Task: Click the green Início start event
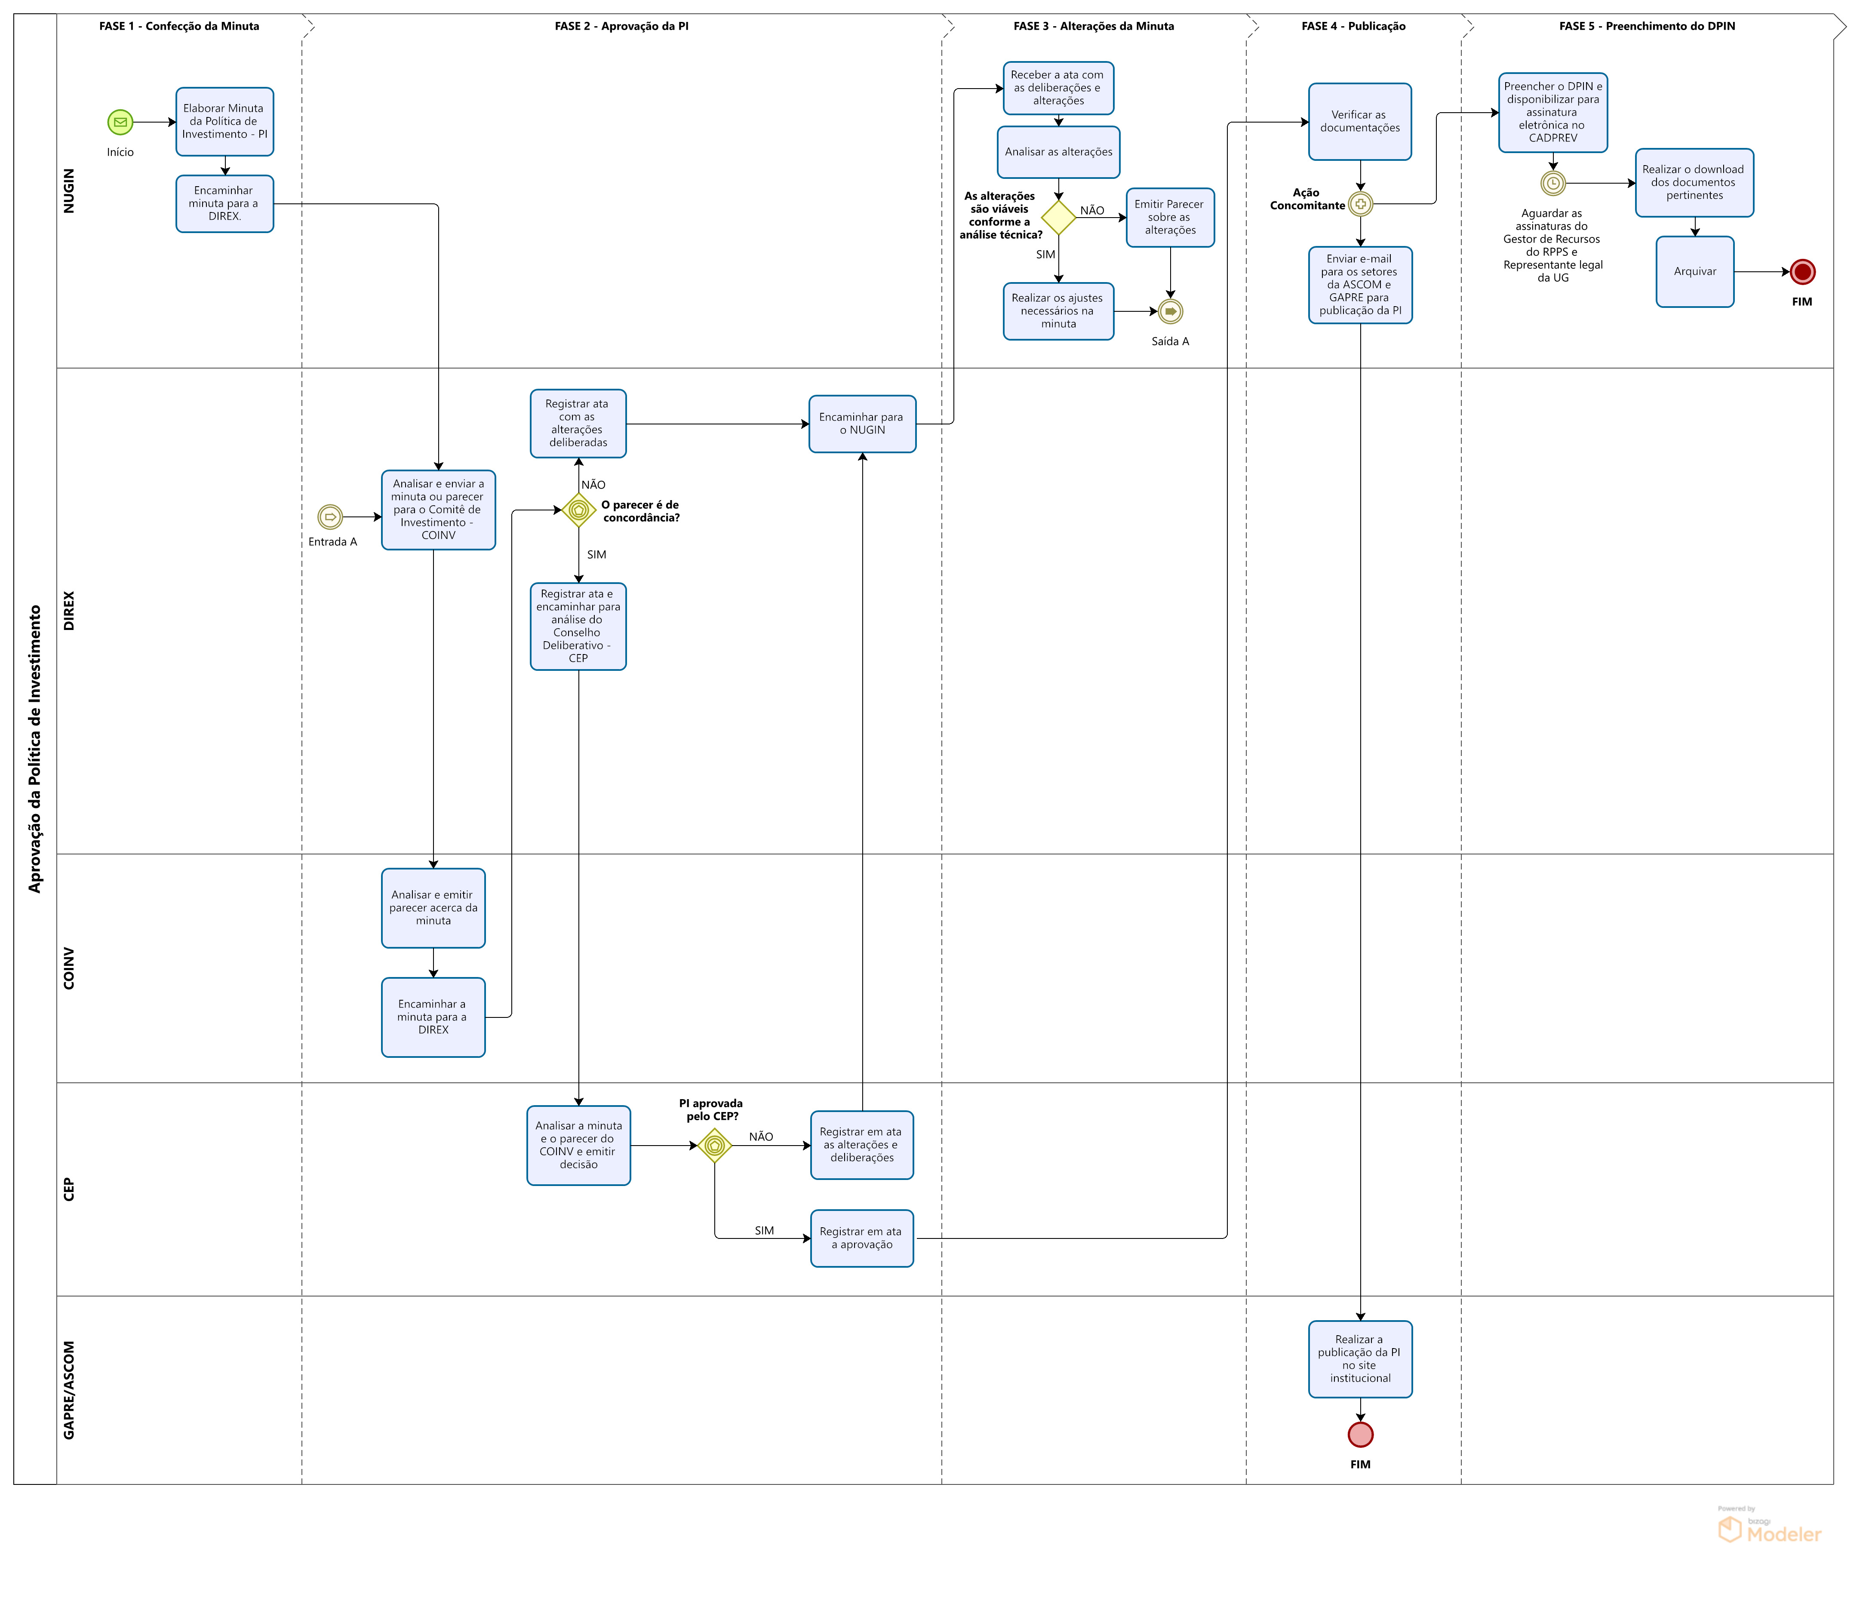120,122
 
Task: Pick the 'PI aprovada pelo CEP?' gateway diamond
714,1146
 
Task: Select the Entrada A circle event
330,517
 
